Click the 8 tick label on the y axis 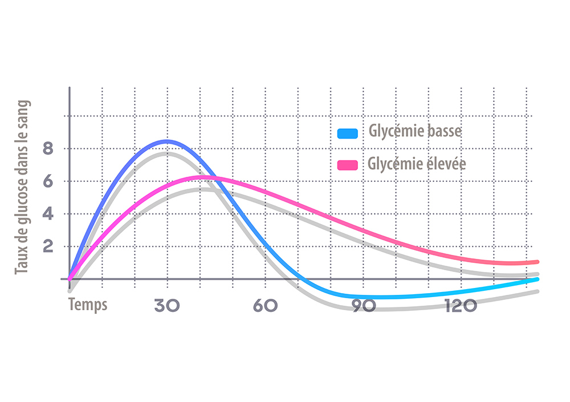point(48,149)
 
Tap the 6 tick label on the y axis point(48,181)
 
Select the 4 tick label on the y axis point(48,214)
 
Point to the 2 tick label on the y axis point(48,247)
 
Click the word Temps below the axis point(88,304)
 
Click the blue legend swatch point(347,133)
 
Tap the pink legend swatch point(347,165)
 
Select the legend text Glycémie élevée point(417,164)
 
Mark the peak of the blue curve point(166,141)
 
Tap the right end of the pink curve point(537,262)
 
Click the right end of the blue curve point(537,279)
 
